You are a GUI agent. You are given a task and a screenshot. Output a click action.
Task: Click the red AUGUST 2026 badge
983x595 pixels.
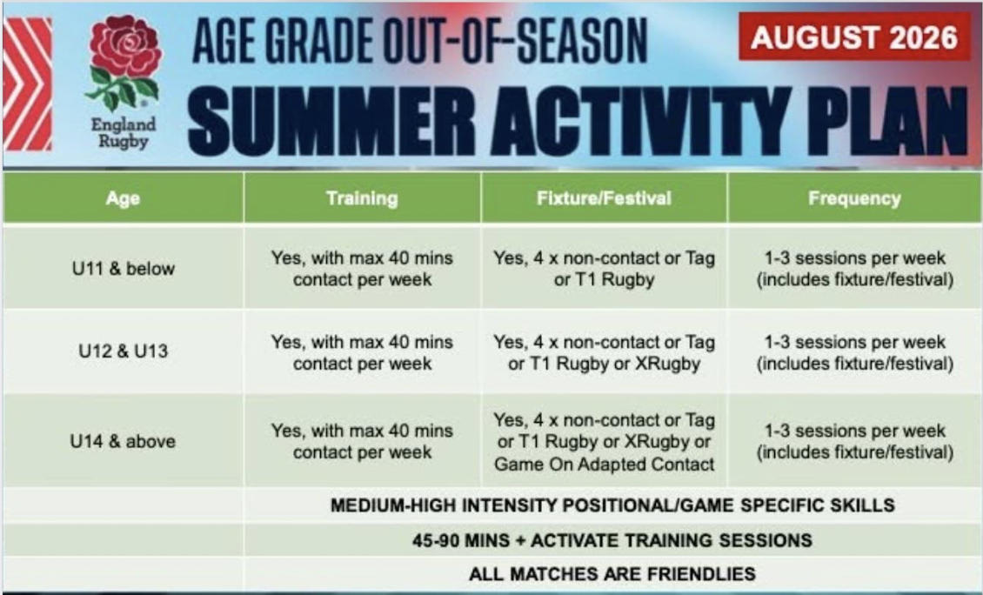[854, 37]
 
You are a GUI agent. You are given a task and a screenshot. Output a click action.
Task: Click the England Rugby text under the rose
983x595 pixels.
[124, 133]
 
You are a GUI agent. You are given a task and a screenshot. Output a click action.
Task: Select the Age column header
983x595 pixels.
[123, 198]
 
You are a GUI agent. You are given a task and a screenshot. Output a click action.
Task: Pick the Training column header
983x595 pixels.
[363, 198]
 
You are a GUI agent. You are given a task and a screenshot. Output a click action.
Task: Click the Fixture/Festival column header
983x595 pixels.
[604, 198]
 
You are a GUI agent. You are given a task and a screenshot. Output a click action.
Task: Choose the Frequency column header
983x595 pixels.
[854, 198]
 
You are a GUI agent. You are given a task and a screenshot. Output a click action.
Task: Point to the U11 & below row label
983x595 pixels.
[124, 268]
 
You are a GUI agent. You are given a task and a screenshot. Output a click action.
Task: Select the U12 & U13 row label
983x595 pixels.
[124, 351]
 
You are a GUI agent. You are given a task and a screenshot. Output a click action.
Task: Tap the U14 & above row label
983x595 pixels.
[123, 441]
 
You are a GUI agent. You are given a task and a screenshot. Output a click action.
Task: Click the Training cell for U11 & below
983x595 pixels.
[362, 268]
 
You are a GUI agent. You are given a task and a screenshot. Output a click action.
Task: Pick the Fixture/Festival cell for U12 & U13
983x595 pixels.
[604, 352]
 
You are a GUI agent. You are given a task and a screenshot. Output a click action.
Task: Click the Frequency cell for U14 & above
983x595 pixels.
[854, 441]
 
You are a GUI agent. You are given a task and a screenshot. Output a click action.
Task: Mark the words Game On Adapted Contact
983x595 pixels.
[604, 464]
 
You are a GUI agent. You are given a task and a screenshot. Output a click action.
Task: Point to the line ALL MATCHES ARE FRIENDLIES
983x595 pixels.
[612, 573]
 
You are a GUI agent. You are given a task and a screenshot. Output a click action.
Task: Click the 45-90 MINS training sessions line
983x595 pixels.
[612, 540]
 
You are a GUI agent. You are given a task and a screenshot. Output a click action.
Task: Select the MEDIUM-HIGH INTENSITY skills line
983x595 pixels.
[612, 505]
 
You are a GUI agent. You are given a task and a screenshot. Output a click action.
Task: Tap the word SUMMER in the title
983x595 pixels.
[331, 122]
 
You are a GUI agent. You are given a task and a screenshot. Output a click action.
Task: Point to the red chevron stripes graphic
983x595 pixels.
[28, 84]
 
